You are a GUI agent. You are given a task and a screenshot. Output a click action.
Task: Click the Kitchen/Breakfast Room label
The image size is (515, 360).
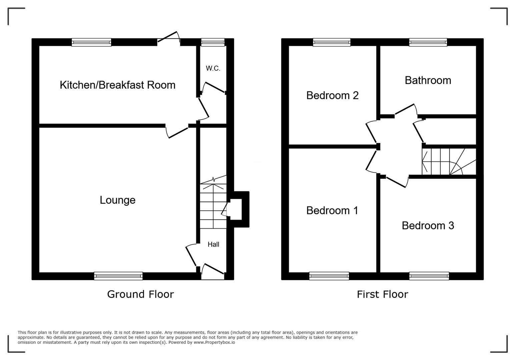point(117,85)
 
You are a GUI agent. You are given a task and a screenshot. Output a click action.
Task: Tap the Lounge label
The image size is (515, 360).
point(117,200)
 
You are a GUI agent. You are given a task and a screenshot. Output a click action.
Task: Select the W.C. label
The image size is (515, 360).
point(213,68)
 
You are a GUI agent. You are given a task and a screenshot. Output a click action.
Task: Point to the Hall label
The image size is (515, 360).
point(213,244)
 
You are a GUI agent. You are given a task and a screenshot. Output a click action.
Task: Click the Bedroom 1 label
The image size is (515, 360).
point(332,210)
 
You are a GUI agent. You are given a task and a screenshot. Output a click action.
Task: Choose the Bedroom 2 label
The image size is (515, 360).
point(332,95)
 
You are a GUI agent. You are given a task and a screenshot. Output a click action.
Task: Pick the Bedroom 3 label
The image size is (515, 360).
point(428,226)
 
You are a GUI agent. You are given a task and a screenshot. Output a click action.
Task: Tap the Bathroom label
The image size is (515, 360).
point(428,80)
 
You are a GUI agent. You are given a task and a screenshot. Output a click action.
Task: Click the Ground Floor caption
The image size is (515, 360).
point(140,294)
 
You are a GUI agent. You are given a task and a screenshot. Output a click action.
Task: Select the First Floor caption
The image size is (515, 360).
point(382,294)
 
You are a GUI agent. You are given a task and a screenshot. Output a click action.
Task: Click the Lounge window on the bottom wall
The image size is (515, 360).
point(118,276)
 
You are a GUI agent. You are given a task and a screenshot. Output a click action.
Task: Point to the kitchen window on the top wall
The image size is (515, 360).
point(91,42)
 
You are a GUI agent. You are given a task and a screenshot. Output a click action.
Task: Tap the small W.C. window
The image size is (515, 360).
point(213,42)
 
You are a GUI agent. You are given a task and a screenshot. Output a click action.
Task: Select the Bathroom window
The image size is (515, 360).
point(428,42)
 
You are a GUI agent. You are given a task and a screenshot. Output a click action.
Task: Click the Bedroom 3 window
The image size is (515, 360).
point(429,276)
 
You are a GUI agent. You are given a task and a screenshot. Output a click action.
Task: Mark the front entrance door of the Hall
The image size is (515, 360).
point(212,272)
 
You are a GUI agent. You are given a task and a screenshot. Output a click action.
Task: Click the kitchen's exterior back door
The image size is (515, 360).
point(169,38)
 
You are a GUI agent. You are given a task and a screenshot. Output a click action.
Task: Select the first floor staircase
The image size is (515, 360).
point(449,162)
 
